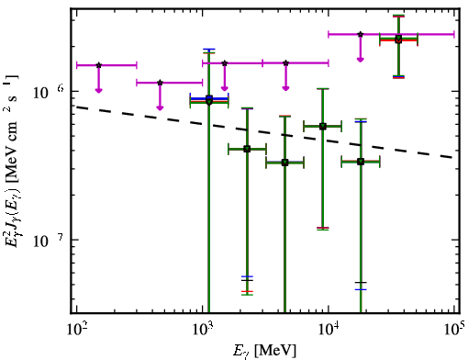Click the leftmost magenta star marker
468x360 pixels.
pyautogui.click(x=98, y=65)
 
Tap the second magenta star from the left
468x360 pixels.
pyautogui.click(x=160, y=83)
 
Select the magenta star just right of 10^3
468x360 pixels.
pyautogui.click(x=225, y=63)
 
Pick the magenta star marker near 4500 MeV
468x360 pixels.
pyautogui.click(x=285, y=63)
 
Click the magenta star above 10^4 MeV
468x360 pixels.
pyautogui.click(x=361, y=34)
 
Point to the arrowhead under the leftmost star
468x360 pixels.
pyautogui.click(x=98, y=90)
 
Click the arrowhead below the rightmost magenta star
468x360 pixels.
pyautogui.click(x=361, y=60)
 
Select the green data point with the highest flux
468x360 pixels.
pyautogui.click(x=398, y=39)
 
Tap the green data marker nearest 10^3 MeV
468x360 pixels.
pyautogui.click(x=209, y=101)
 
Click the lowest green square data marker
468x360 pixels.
pyautogui.click(x=285, y=163)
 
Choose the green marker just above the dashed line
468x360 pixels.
pyautogui.click(x=323, y=126)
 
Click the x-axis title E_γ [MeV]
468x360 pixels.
pyautogui.click(x=264, y=351)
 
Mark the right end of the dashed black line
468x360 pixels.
pyautogui.click(x=452, y=158)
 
